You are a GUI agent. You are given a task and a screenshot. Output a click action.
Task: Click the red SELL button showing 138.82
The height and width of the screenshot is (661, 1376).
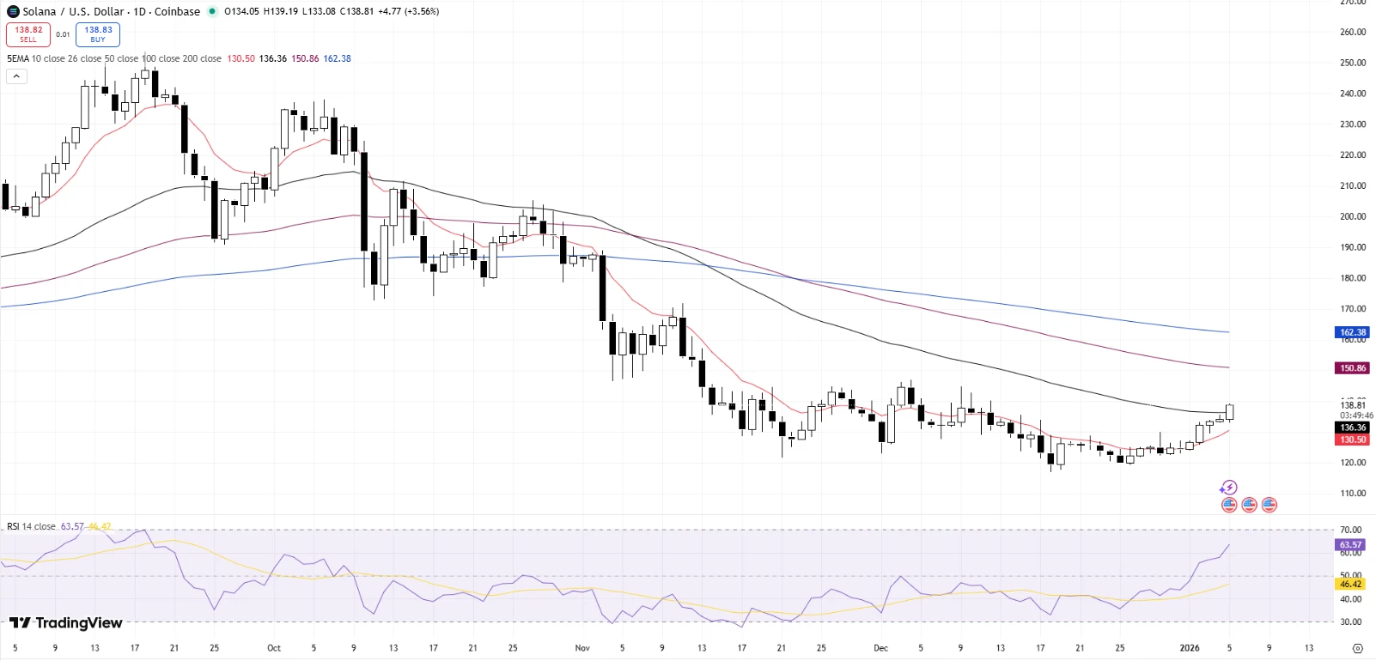point(28,34)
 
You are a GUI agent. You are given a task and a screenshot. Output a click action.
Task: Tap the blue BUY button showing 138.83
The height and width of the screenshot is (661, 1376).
point(98,34)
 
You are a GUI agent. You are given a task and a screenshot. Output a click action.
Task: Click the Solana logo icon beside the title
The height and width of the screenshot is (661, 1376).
point(13,11)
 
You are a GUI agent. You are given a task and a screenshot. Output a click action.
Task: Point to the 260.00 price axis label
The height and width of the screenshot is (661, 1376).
point(1353,32)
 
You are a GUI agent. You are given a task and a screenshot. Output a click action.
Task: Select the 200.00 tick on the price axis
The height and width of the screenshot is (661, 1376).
point(1353,216)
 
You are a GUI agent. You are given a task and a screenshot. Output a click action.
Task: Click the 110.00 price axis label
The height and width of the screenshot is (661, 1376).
point(1353,494)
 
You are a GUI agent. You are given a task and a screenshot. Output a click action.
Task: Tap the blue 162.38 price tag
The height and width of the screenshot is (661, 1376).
point(1353,332)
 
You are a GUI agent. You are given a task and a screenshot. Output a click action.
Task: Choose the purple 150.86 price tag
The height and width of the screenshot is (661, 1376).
point(1353,368)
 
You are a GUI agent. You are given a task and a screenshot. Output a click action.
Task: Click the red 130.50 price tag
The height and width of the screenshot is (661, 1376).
point(1353,440)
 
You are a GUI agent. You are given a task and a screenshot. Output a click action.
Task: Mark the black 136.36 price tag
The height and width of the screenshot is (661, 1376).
point(1353,428)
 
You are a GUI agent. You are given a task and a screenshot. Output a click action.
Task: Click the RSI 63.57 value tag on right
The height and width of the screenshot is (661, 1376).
point(1350,545)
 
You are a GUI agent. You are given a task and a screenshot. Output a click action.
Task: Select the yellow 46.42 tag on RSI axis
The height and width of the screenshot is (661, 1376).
point(1350,584)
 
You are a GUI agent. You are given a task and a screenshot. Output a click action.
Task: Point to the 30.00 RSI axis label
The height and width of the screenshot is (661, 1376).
point(1350,622)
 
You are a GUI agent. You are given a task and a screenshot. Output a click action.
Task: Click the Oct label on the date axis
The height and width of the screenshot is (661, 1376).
point(274,648)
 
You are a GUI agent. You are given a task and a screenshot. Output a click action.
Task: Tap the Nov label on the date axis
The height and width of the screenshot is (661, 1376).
point(582,648)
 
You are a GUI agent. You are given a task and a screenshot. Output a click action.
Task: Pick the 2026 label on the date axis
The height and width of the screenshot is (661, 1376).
point(1190,648)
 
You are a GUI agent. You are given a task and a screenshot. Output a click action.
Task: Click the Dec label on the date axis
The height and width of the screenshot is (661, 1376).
point(880,648)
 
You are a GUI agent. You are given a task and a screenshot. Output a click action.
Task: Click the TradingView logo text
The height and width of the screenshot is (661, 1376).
point(67,622)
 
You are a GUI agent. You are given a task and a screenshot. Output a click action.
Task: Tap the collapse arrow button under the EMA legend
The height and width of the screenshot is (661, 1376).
point(16,76)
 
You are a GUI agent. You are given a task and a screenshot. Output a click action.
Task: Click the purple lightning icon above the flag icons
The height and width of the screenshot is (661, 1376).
point(1229,488)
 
